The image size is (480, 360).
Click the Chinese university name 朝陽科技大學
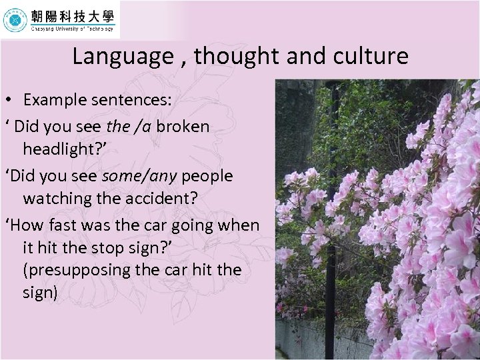click(x=72, y=15)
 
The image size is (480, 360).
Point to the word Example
click(x=55, y=101)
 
